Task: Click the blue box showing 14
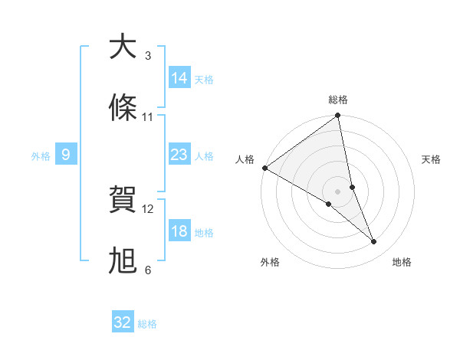click(179, 78)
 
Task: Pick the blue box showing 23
click(179, 155)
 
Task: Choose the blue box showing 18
click(179, 231)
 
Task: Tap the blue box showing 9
click(66, 155)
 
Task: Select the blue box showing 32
click(123, 322)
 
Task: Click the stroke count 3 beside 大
click(148, 56)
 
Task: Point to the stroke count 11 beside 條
click(148, 117)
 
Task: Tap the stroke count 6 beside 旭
click(148, 270)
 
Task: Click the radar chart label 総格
click(338, 100)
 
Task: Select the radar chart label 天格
click(431, 159)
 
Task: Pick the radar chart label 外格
click(270, 262)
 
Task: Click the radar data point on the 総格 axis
click(338, 116)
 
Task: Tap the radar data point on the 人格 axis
click(265, 168)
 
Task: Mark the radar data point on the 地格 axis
click(374, 241)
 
